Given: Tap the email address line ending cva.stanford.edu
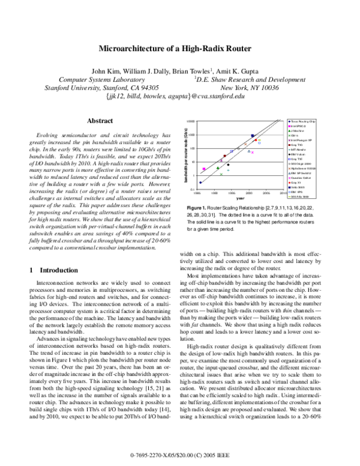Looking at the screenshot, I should pos(175,95).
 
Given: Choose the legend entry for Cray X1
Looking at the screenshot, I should pos(299,183).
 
